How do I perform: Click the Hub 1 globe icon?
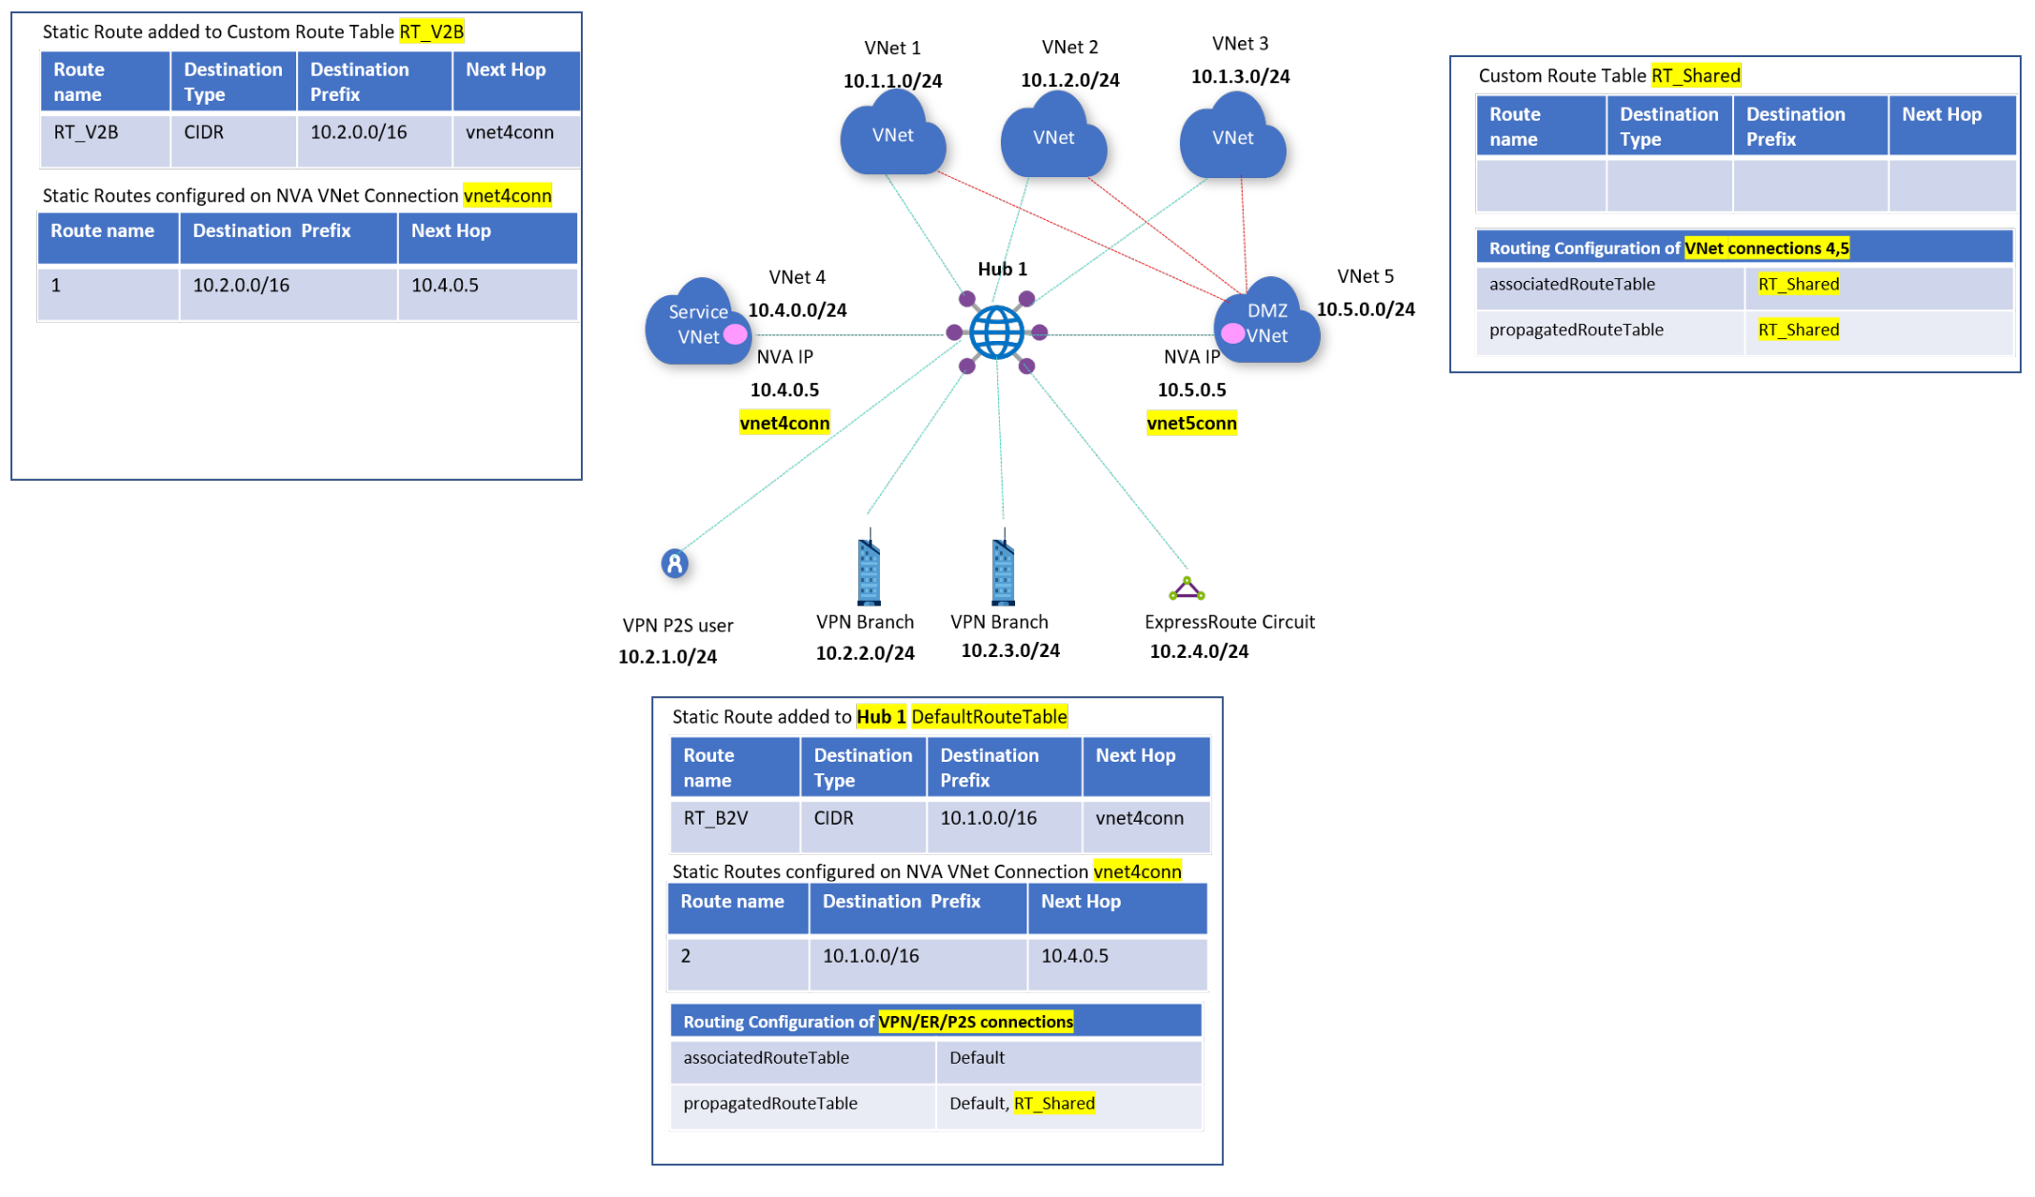(996, 332)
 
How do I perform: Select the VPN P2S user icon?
(674, 564)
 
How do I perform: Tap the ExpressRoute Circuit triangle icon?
(1187, 589)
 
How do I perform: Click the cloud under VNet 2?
(1053, 139)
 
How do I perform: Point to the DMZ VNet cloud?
(1268, 324)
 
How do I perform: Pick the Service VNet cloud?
(696, 325)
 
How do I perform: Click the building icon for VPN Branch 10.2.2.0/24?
(868, 571)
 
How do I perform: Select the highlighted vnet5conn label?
(1191, 423)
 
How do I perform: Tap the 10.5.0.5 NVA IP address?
(1191, 389)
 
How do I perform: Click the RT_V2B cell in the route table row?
(87, 132)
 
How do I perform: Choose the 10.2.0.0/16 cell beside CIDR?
(359, 132)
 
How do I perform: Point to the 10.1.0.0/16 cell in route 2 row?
(870, 955)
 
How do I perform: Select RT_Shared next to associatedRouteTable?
(1798, 284)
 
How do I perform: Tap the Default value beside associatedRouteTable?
(977, 1057)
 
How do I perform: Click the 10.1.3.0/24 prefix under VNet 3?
(1240, 76)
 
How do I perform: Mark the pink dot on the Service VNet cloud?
(735, 334)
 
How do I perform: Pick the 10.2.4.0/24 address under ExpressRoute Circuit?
(1199, 651)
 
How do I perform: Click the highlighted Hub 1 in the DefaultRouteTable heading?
(881, 716)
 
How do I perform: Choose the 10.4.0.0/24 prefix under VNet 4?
(797, 309)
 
